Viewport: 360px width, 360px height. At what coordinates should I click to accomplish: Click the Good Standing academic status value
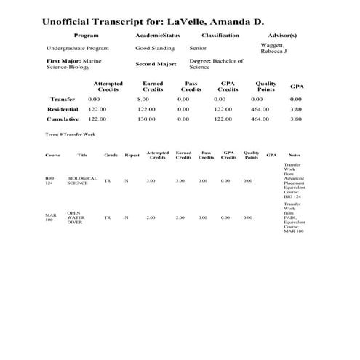[153, 47]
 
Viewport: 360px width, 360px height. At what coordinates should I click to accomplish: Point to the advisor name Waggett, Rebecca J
[277, 48]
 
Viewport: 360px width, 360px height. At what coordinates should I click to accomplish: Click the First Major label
[63, 61]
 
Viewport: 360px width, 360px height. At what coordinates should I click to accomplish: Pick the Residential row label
[63, 109]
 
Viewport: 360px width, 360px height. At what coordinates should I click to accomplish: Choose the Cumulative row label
[63, 119]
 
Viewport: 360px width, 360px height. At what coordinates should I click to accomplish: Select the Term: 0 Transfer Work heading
[71, 135]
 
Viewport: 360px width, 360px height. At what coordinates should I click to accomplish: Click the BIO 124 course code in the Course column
[49, 180]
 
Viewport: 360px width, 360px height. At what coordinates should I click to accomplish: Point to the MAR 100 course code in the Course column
[49, 217]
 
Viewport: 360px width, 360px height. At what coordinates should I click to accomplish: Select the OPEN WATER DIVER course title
[75, 217]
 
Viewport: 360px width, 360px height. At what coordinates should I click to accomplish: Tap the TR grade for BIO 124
[107, 180]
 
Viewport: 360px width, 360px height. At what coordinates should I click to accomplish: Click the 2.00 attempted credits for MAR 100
[151, 217]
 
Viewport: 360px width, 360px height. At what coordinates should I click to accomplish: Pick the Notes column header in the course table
[294, 155]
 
